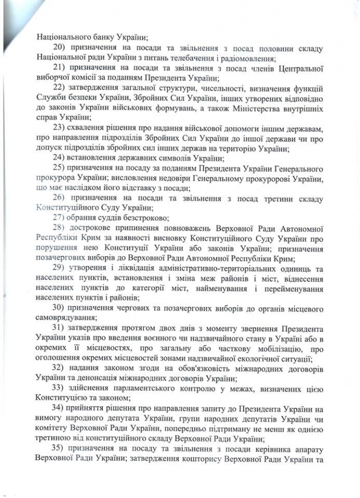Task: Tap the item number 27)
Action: coord(60,218)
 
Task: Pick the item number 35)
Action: coord(59,448)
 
